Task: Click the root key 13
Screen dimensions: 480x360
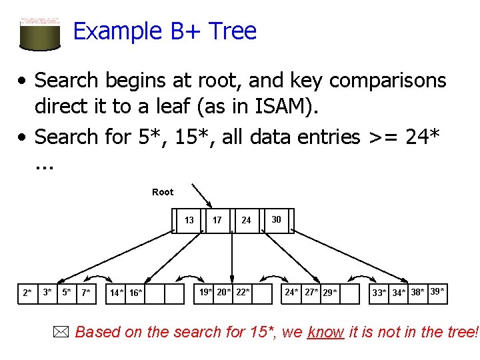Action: pos(189,221)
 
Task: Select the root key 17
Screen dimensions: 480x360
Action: pos(217,221)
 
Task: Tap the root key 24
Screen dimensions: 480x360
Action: pos(246,221)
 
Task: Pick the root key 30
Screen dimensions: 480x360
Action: pos(276,219)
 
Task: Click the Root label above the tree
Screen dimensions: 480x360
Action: pos(163,192)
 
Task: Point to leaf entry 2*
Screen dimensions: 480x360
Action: pos(27,293)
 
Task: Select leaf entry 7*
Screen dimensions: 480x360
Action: pos(86,293)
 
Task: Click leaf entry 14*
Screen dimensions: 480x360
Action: pos(117,293)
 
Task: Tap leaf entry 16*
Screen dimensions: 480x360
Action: pos(135,293)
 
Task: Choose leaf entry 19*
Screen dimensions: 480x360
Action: pos(206,291)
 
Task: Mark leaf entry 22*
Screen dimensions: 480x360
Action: pos(243,291)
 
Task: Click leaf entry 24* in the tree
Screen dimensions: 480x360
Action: pos(292,292)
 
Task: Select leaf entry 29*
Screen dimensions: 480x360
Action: pos(329,293)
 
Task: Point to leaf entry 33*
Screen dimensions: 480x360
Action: pos(379,293)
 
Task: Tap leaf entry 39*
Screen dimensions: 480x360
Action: pos(437,291)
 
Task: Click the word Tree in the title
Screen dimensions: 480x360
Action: pos(232,31)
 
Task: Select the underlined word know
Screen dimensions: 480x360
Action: pos(325,332)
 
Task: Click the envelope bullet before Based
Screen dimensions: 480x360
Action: pos(64,331)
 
